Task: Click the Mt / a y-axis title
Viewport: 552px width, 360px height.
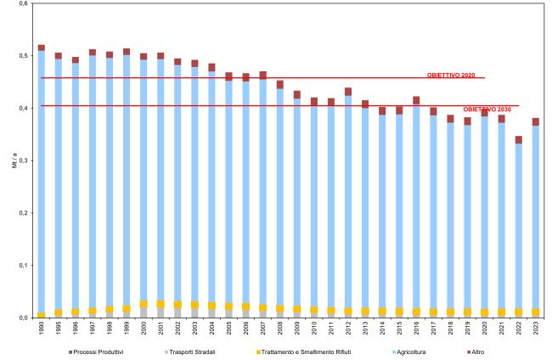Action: coord(14,160)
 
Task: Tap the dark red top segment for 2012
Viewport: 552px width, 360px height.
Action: coord(372,92)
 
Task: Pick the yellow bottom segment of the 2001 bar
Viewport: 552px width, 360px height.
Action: coord(161,304)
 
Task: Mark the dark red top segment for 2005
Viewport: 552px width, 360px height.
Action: coord(228,76)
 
